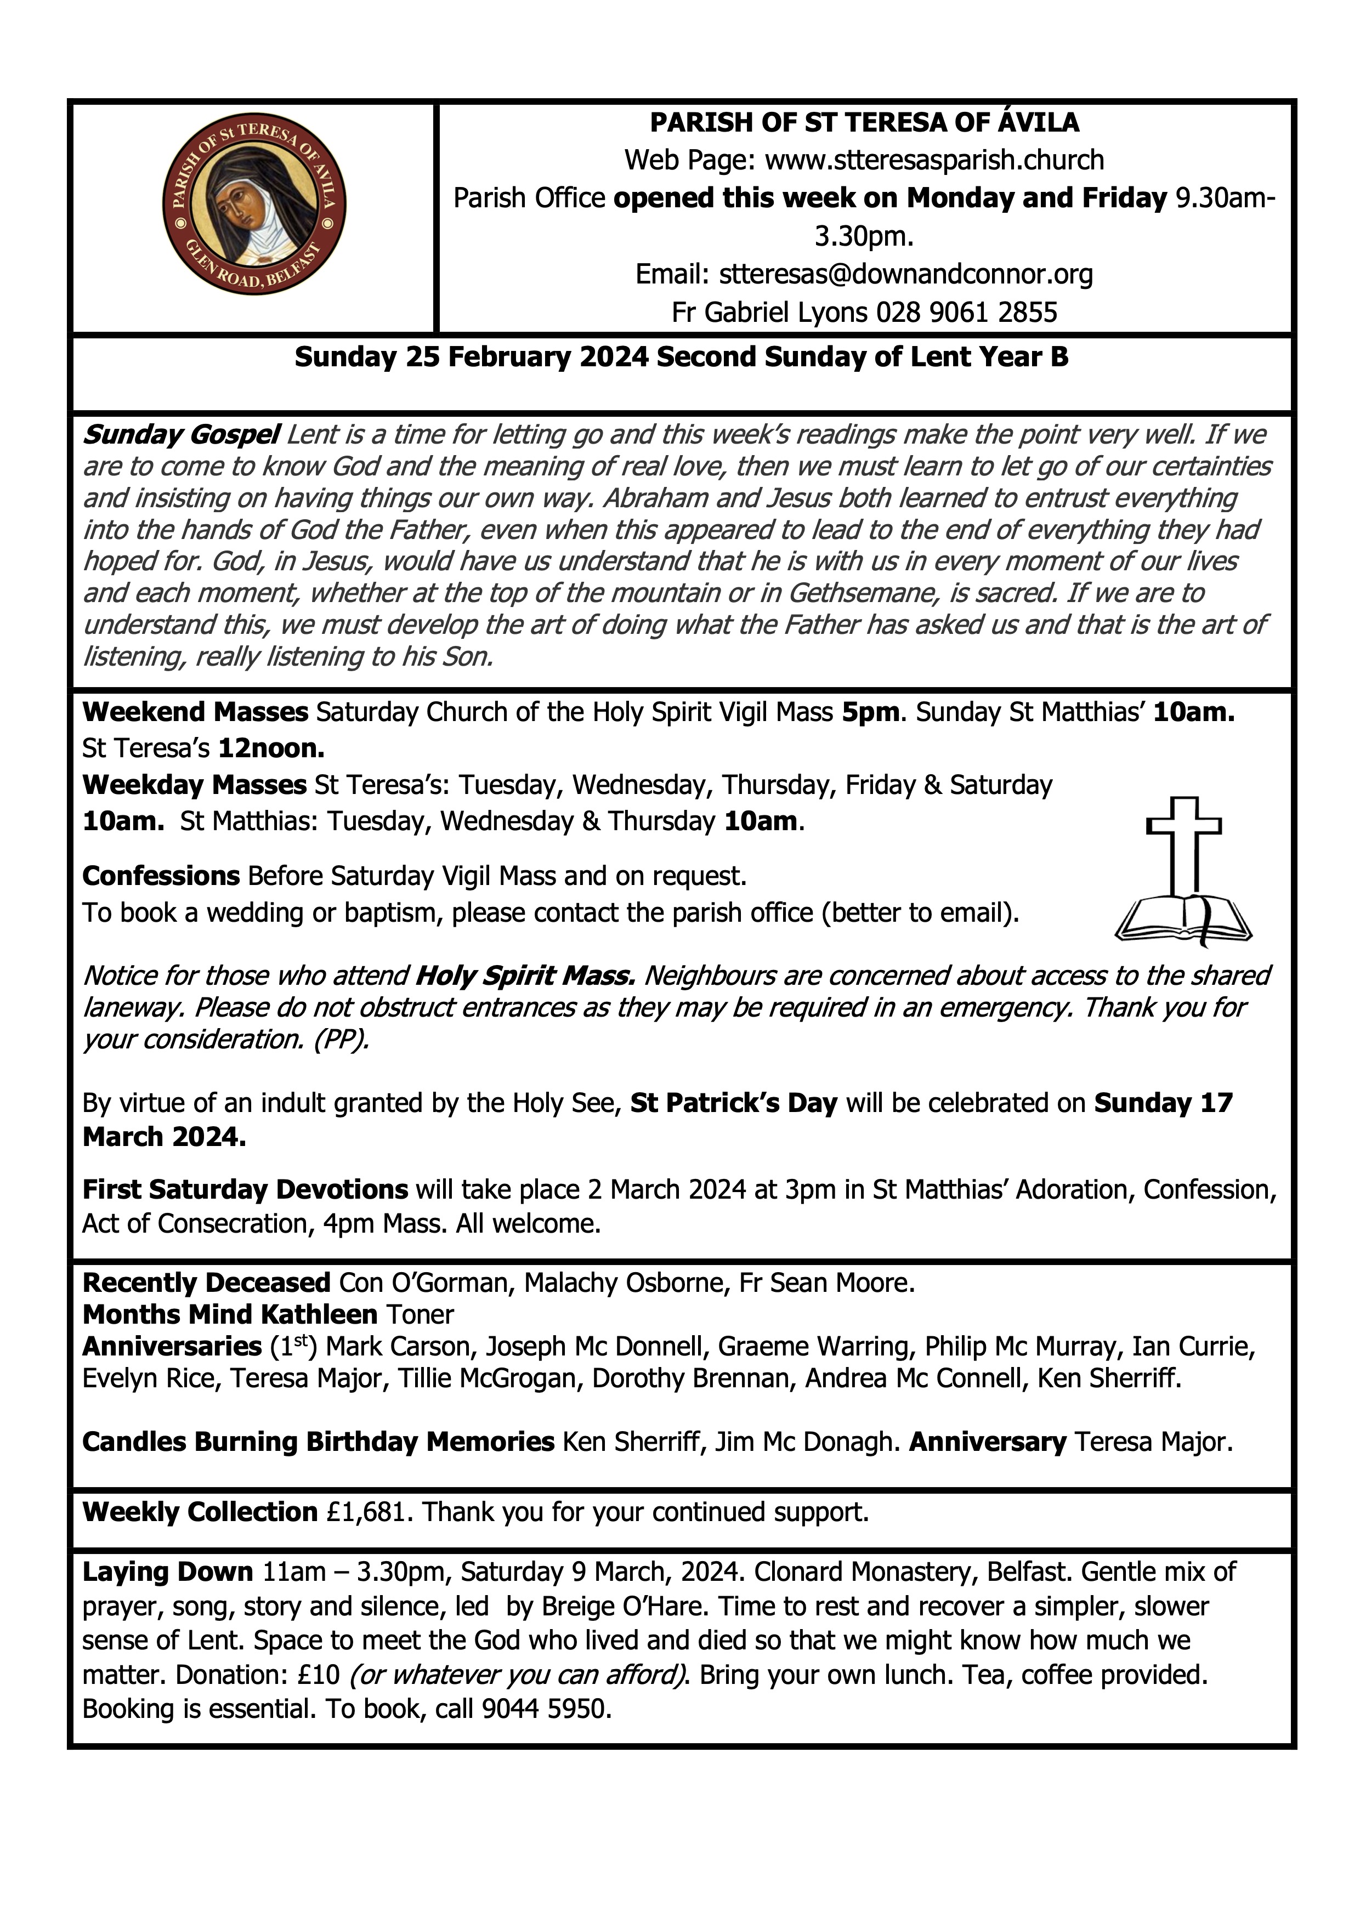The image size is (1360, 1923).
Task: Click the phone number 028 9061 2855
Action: pos(966,313)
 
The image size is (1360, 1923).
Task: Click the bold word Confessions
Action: pos(161,876)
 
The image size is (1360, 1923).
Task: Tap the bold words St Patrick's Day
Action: pos(734,1103)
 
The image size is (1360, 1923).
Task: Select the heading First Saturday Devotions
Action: pos(245,1189)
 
